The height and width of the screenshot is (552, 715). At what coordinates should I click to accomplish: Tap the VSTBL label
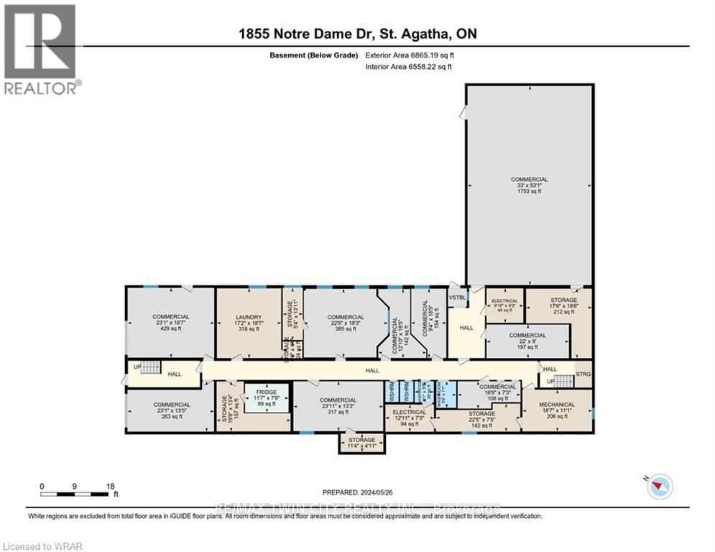tap(457, 297)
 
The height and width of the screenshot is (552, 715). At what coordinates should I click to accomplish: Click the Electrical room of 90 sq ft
tap(504, 305)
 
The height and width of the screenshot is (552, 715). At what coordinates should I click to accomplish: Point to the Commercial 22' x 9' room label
tap(527, 341)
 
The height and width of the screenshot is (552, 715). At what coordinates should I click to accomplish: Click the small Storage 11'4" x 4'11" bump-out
tap(361, 443)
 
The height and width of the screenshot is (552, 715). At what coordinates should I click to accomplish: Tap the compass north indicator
tap(660, 487)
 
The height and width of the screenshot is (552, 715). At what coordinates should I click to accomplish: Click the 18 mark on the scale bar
tap(111, 486)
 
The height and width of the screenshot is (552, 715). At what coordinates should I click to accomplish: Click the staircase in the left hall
tap(149, 367)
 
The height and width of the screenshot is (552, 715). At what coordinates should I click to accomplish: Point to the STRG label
tap(582, 374)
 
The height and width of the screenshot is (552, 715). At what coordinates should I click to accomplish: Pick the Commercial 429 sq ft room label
tap(170, 323)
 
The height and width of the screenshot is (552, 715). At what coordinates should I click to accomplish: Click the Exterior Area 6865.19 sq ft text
tap(410, 55)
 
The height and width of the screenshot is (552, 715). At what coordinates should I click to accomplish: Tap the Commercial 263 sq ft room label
tap(170, 410)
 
